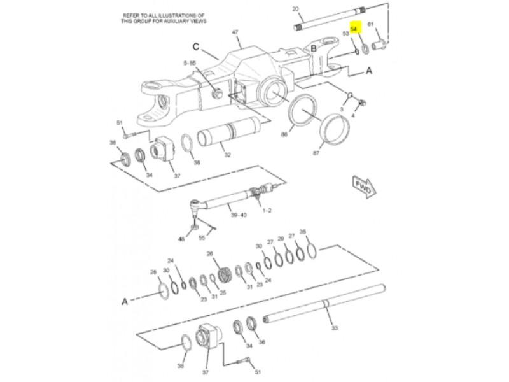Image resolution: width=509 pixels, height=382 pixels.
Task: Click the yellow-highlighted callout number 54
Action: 354,29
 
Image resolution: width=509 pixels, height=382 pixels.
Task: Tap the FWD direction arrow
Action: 364,187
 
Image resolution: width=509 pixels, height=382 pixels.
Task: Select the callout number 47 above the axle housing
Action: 235,32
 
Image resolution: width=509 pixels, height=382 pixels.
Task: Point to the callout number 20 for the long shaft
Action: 295,9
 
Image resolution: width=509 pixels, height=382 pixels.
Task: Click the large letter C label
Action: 196,47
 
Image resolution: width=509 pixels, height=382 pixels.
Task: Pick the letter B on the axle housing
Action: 314,49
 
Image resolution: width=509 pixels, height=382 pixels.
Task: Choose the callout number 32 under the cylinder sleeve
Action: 228,155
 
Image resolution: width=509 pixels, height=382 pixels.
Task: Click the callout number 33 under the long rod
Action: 335,328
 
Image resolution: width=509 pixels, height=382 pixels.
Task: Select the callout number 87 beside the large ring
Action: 316,153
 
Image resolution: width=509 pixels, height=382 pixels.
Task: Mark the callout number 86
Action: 284,134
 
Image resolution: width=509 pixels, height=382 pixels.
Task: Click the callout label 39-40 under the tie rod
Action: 239,215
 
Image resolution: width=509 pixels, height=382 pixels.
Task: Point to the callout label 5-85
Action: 190,63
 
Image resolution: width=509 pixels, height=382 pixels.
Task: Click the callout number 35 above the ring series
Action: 303,232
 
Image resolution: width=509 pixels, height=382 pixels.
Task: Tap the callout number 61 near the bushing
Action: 370,24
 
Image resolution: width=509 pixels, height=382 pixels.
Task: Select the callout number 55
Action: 202,237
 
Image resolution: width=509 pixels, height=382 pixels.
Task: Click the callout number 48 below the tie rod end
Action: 181,239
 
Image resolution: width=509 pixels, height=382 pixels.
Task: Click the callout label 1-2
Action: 267,211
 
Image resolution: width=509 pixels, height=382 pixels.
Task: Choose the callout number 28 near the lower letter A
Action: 153,272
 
